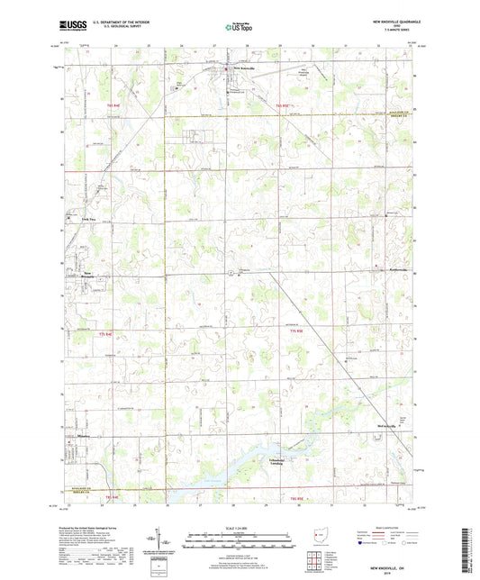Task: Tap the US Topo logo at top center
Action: pos(239,27)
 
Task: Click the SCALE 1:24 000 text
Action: pos(239,528)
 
